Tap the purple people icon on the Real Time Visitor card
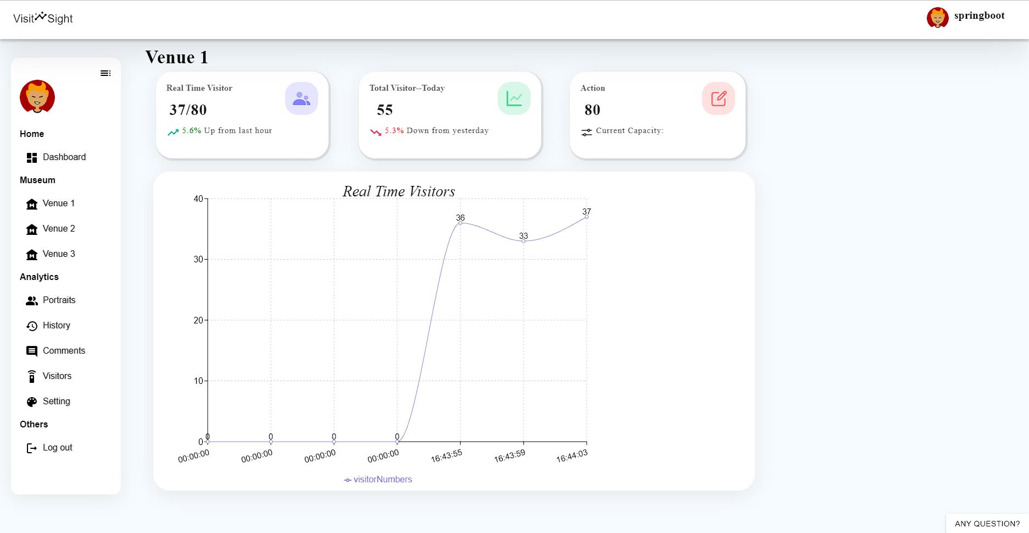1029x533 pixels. (302, 99)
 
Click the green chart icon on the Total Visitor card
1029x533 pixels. (514, 99)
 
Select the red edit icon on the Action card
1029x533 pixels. (719, 99)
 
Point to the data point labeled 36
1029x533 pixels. (460, 223)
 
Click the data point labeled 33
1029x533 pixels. (524, 241)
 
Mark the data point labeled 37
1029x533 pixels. (587, 217)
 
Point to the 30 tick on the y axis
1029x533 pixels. (198, 259)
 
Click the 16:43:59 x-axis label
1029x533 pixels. (510, 457)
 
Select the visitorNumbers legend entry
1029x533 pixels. (379, 480)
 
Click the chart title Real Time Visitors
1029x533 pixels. (399, 191)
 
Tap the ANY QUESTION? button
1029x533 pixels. (987, 524)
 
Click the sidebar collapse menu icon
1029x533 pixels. (105, 73)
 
